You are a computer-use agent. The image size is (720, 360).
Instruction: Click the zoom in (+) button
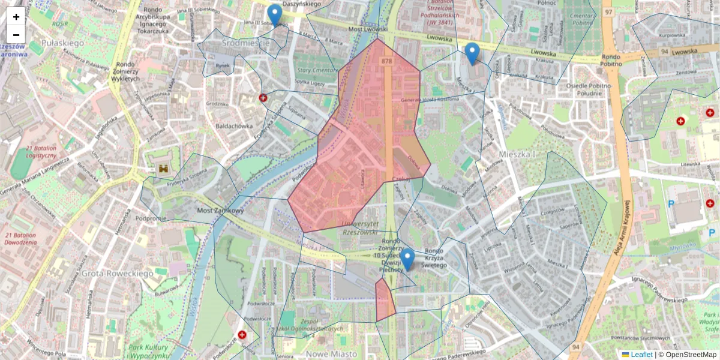16,17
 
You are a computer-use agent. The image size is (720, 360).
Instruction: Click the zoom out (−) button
16,34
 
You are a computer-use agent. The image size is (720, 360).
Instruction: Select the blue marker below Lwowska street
472,53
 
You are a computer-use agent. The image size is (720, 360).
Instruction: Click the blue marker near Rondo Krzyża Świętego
407,259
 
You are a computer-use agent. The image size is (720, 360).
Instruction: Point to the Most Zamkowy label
221,211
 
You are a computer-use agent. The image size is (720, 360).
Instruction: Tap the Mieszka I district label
517,155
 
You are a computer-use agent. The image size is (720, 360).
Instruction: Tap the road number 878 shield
386,61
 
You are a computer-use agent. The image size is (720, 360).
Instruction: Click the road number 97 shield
609,12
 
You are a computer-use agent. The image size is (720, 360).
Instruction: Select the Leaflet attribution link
637,355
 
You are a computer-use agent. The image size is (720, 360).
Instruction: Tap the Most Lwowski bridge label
367,28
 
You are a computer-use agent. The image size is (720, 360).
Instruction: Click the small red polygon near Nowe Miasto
385,300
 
